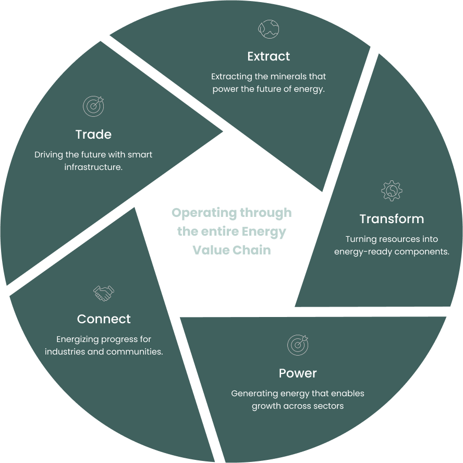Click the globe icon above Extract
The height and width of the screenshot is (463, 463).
tap(269, 29)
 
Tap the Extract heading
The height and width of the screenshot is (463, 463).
tap(269, 56)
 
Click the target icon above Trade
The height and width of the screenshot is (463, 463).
tap(93, 106)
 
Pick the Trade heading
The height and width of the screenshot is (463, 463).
tap(93, 135)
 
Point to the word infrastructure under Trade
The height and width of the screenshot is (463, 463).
tap(92, 167)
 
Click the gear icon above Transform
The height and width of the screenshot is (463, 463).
tap(392, 191)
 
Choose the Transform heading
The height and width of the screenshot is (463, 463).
tap(392, 219)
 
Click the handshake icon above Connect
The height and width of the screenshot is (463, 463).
tap(104, 293)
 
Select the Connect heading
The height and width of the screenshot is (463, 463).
tap(104, 319)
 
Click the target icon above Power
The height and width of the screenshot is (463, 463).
tap(298, 345)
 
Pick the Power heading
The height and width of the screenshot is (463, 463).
tap(298, 373)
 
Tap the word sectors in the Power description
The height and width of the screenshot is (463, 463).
tap(328, 406)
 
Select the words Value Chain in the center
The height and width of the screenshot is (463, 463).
tap(231, 250)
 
